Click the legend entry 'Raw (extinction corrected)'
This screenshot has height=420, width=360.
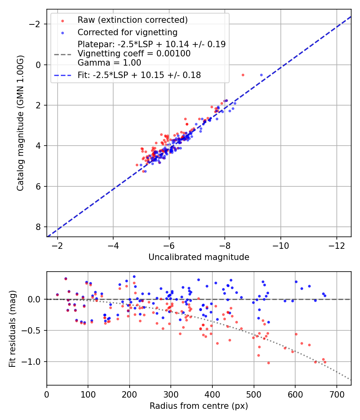pyautogui.click(x=132, y=20)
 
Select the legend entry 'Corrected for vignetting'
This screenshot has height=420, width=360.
pyautogui.click(x=127, y=32)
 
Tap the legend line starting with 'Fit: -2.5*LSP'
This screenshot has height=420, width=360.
pyautogui.click(x=139, y=75)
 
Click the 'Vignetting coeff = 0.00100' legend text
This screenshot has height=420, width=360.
pyautogui.click(x=134, y=53)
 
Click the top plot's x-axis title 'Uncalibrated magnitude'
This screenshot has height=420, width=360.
pyautogui.click(x=199, y=257)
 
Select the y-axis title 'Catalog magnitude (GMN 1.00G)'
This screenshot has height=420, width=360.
pyautogui.click(x=20, y=123)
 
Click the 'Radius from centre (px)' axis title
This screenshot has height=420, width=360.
pyautogui.click(x=199, y=406)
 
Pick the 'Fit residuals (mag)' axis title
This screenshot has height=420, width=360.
pyautogui.click(x=12, y=328)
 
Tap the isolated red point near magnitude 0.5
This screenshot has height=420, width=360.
pyautogui.click(x=243, y=75)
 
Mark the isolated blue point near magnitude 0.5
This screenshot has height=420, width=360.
pyautogui.click(x=262, y=75)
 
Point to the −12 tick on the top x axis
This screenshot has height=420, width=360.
pyautogui.click(x=336, y=245)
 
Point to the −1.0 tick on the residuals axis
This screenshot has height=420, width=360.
pyautogui.click(x=34, y=362)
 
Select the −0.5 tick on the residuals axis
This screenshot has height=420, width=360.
pyautogui.click(x=34, y=330)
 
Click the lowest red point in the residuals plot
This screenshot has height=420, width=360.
pyautogui.click(x=268, y=363)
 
